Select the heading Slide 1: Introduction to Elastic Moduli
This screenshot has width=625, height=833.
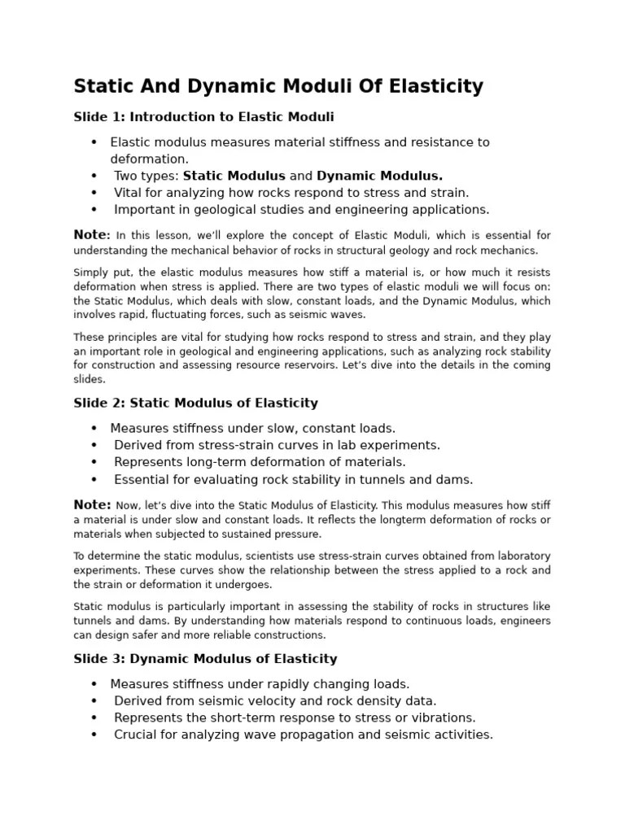coord(203,117)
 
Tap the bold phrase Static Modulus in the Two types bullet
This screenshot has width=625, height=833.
coord(234,176)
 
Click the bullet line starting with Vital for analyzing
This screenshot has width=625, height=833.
coord(291,193)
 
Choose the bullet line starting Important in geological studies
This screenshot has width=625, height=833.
coord(301,210)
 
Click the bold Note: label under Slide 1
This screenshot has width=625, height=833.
coord(92,235)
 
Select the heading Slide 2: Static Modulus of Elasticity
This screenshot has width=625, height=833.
coord(196,403)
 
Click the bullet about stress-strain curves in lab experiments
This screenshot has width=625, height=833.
coord(277,445)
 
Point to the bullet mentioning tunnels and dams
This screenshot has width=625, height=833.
coord(293,479)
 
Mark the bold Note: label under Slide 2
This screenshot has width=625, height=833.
coord(92,504)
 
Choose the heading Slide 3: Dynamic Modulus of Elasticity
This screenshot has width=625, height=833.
coord(205,659)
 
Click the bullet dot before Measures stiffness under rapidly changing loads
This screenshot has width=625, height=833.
coord(94,684)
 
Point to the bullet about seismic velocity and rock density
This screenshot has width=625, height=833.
coord(275,700)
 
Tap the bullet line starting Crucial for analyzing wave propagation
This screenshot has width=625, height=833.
coord(303,735)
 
